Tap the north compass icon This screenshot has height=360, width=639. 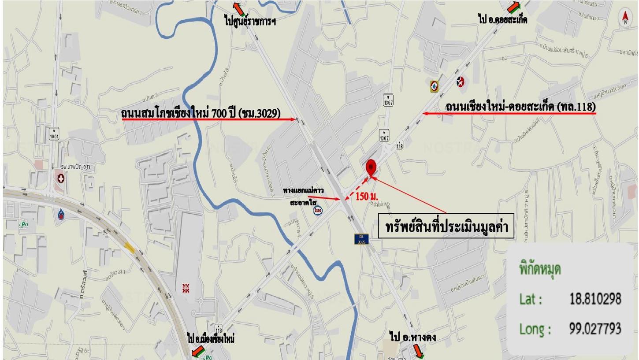click(625, 18)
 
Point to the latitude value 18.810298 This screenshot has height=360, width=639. click(595, 300)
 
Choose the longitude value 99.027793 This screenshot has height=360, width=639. click(595, 328)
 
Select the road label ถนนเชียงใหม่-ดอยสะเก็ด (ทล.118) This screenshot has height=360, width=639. click(520, 107)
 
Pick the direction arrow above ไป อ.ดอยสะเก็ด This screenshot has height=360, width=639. click(514, 7)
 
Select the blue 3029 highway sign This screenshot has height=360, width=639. click(361, 239)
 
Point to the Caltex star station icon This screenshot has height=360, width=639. click(461, 81)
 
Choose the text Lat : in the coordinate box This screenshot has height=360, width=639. click(531, 300)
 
